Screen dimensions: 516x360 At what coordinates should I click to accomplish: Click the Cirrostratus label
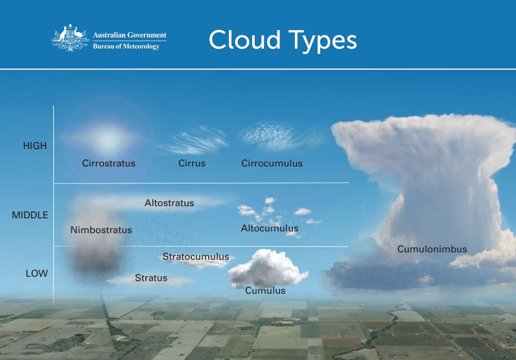point(109,163)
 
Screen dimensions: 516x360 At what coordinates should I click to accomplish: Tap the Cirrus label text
point(192,163)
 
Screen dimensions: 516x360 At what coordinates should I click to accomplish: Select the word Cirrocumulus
point(272,163)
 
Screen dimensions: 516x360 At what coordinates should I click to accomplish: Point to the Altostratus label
point(169,203)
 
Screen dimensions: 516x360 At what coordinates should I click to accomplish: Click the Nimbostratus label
point(101,230)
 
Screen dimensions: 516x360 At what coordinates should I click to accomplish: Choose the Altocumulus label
point(270,228)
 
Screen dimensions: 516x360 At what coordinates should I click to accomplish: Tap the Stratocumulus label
point(196,256)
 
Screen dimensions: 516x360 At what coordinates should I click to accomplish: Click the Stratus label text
point(151,278)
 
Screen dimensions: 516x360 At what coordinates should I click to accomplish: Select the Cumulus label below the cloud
point(265,291)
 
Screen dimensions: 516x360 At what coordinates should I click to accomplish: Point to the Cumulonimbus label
point(432,249)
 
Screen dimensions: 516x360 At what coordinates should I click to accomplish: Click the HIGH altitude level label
point(35,146)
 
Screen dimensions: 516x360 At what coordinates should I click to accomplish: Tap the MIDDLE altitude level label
point(30,215)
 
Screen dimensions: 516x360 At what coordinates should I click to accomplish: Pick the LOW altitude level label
point(37,273)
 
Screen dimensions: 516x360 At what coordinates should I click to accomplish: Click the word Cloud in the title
point(245,40)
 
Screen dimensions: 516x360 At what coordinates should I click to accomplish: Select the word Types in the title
point(322,41)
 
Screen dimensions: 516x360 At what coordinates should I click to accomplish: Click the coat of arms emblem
point(70,38)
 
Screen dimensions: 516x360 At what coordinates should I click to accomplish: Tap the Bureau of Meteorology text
point(126,46)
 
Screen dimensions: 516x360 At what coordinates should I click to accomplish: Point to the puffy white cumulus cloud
point(268,268)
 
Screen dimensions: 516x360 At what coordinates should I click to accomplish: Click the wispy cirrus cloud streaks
point(192,141)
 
